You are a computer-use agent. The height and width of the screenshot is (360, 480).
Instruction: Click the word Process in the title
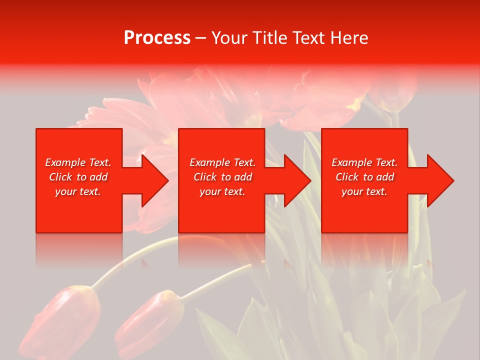(157, 38)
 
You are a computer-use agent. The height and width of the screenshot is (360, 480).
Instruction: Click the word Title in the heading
(270, 38)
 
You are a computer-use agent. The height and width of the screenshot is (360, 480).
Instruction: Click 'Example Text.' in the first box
(78, 162)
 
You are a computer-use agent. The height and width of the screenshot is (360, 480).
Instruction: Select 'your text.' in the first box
(78, 191)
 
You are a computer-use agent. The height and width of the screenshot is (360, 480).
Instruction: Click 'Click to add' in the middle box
(222, 177)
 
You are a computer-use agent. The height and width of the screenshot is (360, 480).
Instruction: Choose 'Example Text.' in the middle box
(222, 162)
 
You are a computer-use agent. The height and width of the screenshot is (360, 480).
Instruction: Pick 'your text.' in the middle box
(222, 191)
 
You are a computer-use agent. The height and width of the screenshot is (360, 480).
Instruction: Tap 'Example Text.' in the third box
(364, 162)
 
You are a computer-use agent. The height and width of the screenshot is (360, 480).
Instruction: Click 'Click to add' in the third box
(364, 177)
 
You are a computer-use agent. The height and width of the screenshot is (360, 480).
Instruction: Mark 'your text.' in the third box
(364, 191)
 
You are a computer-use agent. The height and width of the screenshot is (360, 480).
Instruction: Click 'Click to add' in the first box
(78, 177)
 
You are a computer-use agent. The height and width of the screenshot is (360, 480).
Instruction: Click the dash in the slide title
(200, 38)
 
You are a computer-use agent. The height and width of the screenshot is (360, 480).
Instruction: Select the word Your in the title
(230, 38)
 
